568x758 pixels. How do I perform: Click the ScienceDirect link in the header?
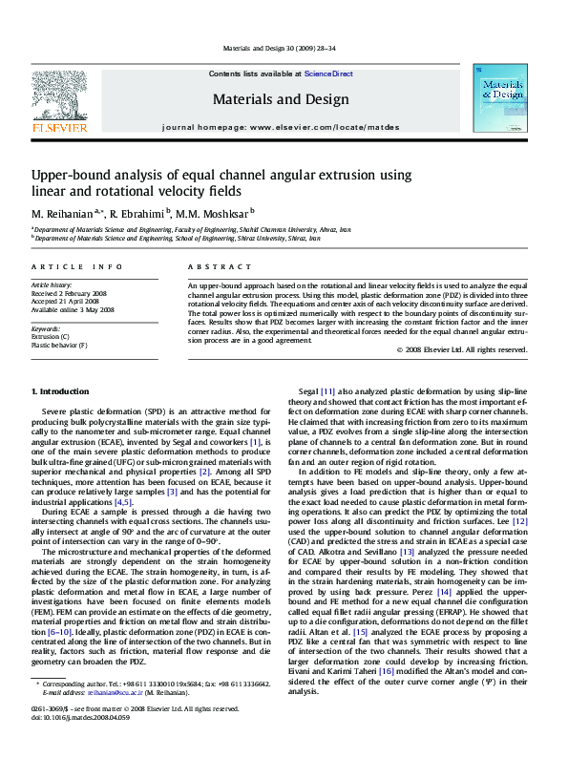(x=328, y=74)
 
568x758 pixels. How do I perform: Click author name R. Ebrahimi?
(x=137, y=212)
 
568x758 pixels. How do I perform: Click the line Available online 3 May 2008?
(x=73, y=309)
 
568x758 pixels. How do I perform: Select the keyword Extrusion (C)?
(x=51, y=337)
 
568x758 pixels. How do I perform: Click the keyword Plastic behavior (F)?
(x=59, y=345)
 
